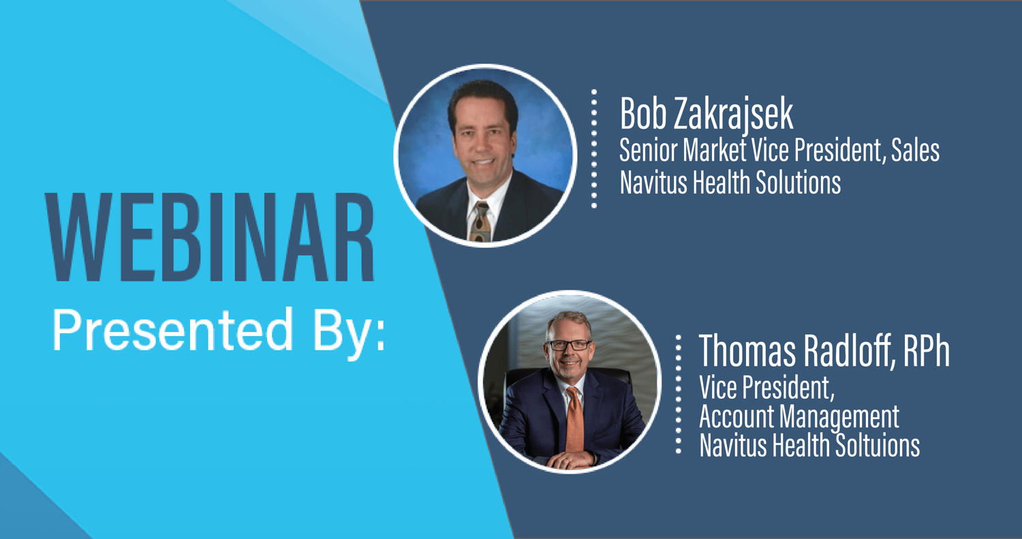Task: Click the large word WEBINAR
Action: coord(210,237)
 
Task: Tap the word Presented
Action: coord(172,330)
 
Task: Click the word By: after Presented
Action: coord(349,333)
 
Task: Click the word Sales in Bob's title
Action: coord(915,150)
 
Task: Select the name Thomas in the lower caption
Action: coord(748,351)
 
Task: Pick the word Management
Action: coord(839,417)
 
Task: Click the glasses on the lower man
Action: coord(568,345)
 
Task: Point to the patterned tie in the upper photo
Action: coord(480,221)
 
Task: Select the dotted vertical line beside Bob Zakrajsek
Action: coord(594,149)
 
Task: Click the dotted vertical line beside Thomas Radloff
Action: coord(679,395)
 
